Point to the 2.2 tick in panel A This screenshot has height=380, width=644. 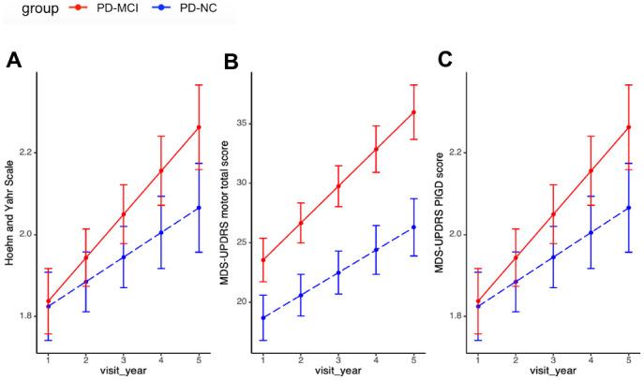click(x=25, y=152)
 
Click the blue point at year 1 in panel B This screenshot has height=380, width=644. click(x=263, y=317)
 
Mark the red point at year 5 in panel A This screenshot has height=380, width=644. click(x=199, y=127)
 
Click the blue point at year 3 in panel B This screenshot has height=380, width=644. click(x=338, y=272)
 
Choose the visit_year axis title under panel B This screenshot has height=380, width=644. click(x=337, y=371)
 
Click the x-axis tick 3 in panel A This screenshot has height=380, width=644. click(x=124, y=358)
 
